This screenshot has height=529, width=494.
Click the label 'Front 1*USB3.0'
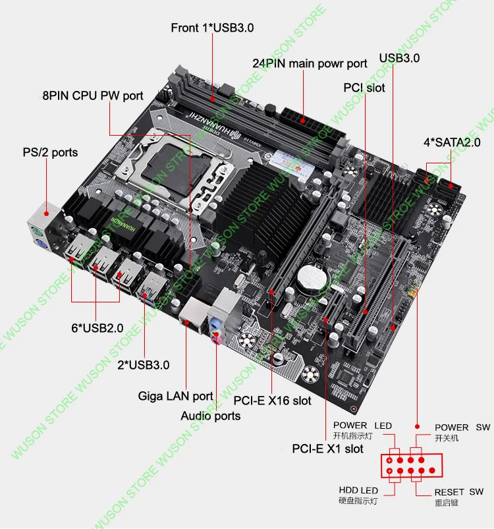point(212,28)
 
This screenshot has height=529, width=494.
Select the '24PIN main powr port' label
point(310,64)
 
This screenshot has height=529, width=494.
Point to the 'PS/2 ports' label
point(50,152)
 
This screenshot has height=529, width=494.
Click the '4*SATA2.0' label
point(452,142)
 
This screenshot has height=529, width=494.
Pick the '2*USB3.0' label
point(143,364)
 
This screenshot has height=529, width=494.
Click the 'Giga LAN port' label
point(175,396)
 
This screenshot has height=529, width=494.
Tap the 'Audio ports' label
point(211,416)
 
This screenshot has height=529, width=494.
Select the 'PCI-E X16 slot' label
point(273,400)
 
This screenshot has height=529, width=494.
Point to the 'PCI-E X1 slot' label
point(327,449)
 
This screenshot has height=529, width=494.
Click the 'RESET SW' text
point(458,492)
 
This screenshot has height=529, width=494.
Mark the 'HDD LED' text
point(358,490)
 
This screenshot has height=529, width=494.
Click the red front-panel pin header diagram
point(409,465)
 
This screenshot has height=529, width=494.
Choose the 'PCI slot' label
point(364,88)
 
